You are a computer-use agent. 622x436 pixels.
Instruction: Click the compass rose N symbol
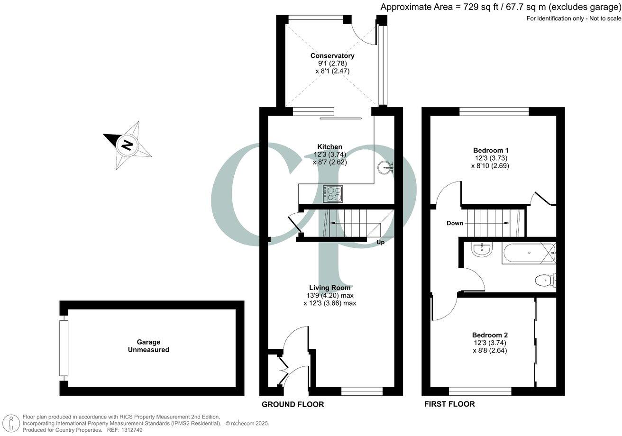pyautogui.click(x=127, y=145)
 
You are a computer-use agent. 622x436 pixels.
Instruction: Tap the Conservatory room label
pyautogui.click(x=332, y=56)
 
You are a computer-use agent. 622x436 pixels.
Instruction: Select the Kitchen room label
pyautogui.click(x=330, y=147)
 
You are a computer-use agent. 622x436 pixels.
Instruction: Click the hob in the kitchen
pyautogui.click(x=333, y=193)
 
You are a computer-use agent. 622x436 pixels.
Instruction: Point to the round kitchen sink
pyautogui.click(x=385, y=167)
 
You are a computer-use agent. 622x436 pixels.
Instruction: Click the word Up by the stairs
pyautogui.click(x=380, y=242)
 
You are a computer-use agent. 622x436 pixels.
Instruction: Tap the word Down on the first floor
pyautogui.click(x=455, y=223)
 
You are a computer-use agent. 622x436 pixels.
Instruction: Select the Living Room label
pyautogui.click(x=330, y=288)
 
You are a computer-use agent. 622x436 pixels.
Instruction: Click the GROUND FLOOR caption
pyautogui.click(x=293, y=404)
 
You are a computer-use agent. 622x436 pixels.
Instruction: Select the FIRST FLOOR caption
pyautogui.click(x=449, y=404)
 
